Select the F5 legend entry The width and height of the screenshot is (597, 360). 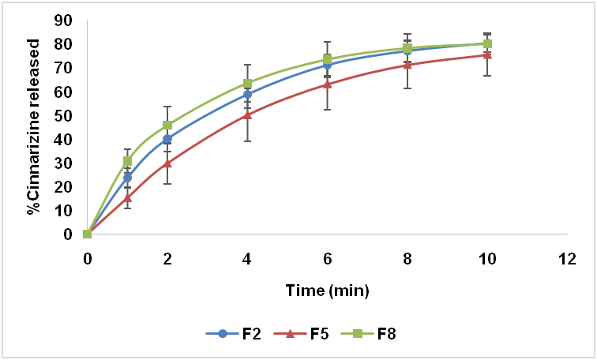(x=306, y=333)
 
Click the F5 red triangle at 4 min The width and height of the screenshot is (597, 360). (x=247, y=114)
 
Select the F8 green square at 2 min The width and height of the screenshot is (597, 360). (x=167, y=125)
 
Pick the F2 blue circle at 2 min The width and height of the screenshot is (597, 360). (x=167, y=139)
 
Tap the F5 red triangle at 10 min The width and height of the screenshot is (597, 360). (x=487, y=54)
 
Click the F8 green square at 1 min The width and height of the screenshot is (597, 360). (x=127, y=161)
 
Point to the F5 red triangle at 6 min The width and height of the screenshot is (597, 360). (x=328, y=83)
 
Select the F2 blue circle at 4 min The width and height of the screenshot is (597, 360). (x=247, y=94)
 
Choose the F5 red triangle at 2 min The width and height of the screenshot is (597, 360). (x=167, y=163)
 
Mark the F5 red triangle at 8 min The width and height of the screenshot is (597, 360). (x=407, y=64)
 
